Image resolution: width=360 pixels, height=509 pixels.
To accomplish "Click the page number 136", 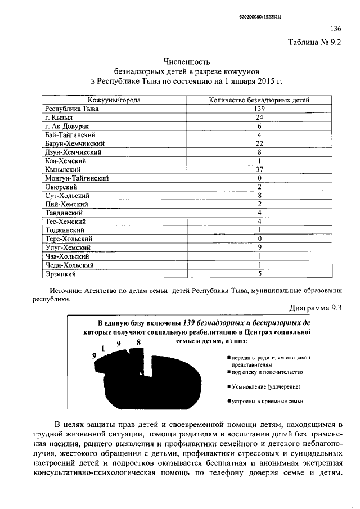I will click(x=336, y=29).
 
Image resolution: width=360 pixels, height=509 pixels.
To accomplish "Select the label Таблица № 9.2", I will click(x=314, y=42).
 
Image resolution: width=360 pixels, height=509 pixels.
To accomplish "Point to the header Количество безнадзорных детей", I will click(x=259, y=100).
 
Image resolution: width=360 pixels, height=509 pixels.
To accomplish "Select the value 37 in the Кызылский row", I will click(x=259, y=169).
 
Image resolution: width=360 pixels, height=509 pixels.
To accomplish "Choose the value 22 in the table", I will click(x=259, y=143).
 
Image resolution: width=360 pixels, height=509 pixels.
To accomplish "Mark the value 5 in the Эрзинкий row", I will click(x=259, y=274).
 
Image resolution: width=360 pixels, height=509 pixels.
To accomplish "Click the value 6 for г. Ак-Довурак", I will click(x=259, y=126).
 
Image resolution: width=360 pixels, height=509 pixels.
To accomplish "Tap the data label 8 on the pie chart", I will click(x=138, y=342).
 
